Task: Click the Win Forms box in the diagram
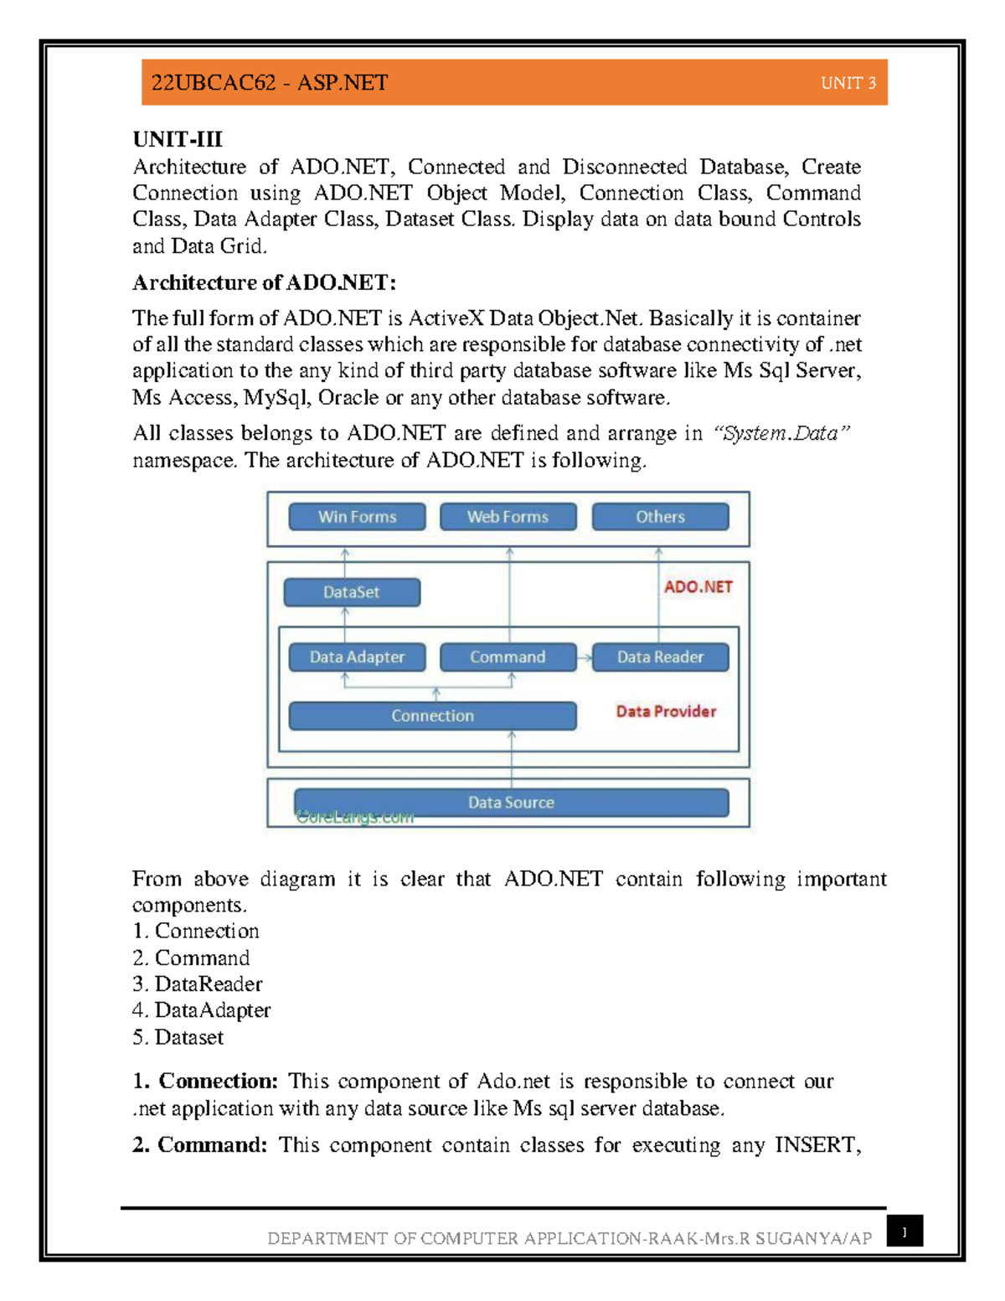click(357, 517)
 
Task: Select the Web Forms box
click(508, 517)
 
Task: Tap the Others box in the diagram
click(660, 517)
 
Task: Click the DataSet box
click(352, 592)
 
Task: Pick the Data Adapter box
click(357, 658)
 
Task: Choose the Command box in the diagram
click(508, 658)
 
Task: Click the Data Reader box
click(660, 658)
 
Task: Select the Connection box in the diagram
click(432, 716)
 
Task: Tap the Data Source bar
click(511, 802)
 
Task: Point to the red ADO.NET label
click(698, 587)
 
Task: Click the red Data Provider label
click(666, 711)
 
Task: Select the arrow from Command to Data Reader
click(585, 658)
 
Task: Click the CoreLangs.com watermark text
click(355, 818)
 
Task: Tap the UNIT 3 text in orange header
click(848, 83)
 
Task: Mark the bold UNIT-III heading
click(178, 139)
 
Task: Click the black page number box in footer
click(904, 1231)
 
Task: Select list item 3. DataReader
click(198, 984)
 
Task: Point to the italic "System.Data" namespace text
click(781, 433)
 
